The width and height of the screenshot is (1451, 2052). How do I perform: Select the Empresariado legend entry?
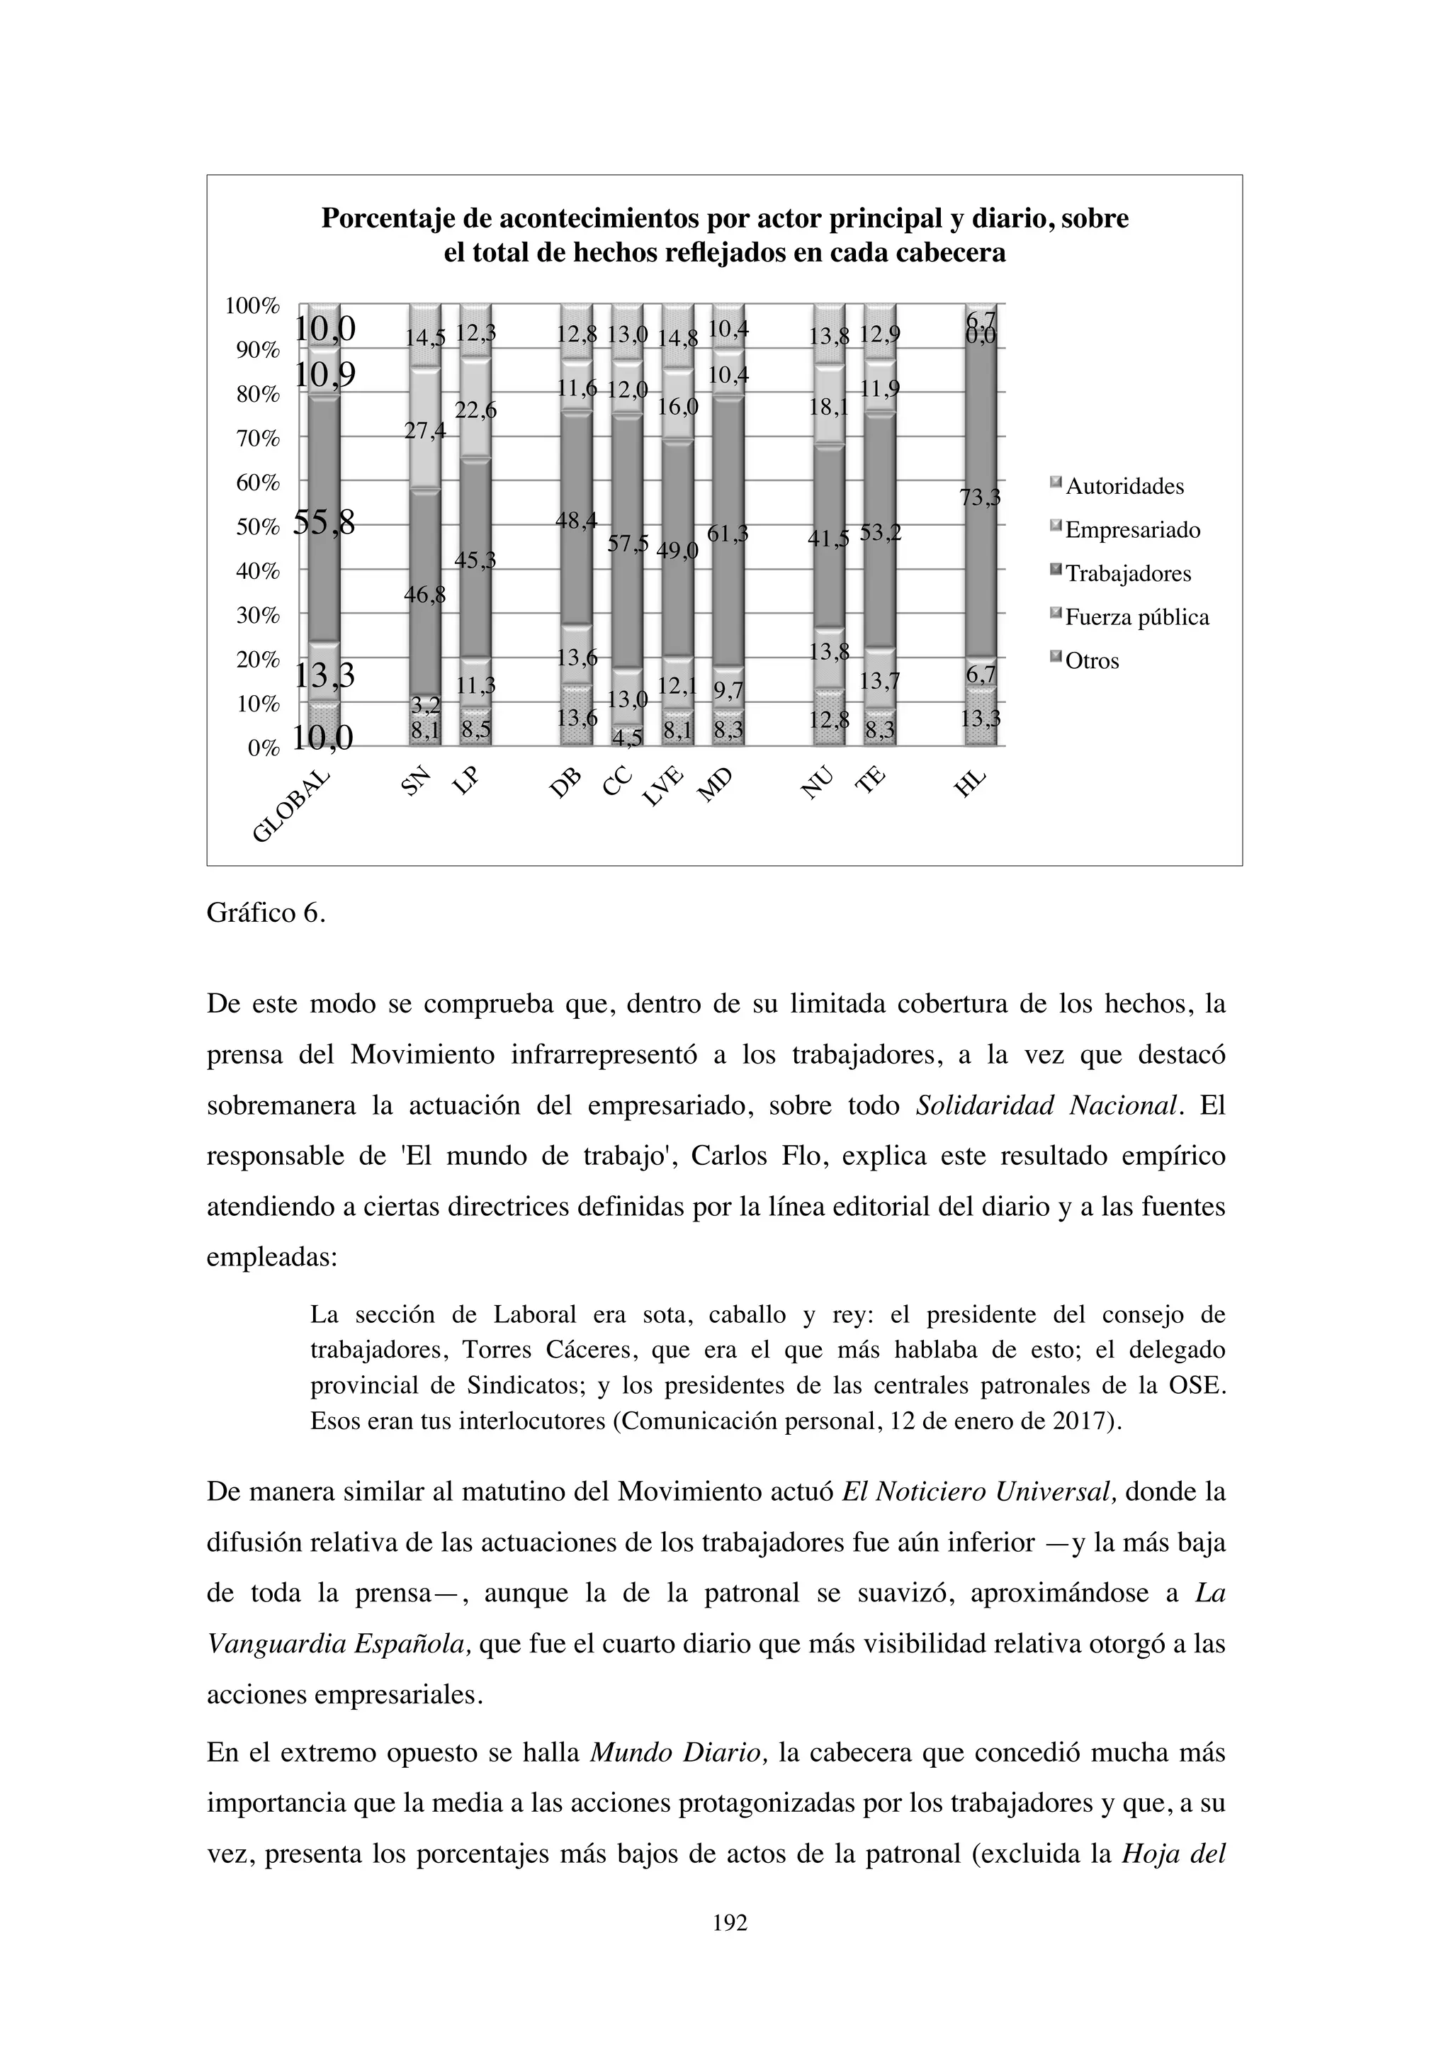(x=1132, y=531)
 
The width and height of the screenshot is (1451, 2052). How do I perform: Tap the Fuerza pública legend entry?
(x=1136, y=619)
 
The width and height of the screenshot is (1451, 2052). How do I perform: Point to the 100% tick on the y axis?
(x=253, y=305)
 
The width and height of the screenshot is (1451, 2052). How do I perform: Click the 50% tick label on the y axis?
(x=257, y=527)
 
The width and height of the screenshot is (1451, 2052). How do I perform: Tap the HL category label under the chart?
(x=969, y=784)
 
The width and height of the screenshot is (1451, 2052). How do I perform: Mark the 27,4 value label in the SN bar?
(x=425, y=432)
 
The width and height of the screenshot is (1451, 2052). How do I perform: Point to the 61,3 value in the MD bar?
(x=728, y=534)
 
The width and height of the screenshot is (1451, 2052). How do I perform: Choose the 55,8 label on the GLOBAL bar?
(x=324, y=523)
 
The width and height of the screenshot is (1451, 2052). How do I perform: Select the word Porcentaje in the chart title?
(x=397, y=219)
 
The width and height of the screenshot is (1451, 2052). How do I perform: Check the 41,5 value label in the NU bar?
(x=828, y=539)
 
